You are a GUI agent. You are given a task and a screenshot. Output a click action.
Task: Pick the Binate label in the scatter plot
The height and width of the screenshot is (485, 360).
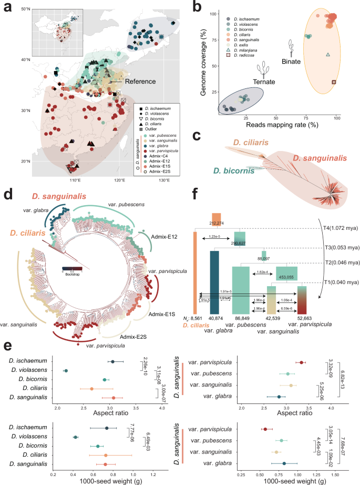(x=294, y=55)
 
